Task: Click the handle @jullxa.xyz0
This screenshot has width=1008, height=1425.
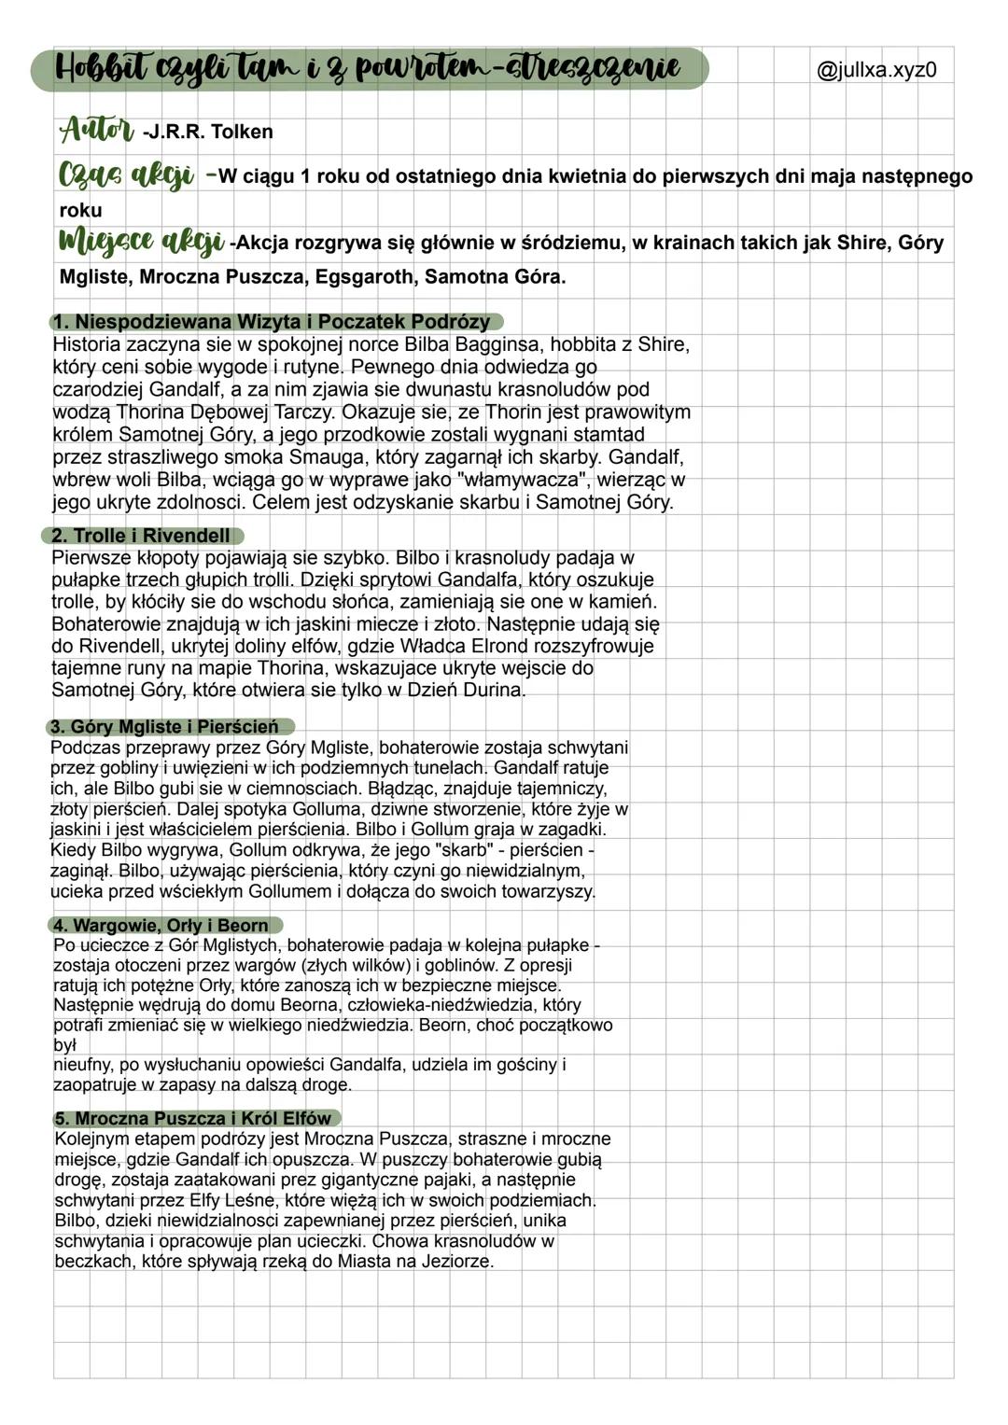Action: pyautogui.click(x=876, y=70)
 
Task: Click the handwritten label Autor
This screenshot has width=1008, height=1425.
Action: pyautogui.click(x=97, y=130)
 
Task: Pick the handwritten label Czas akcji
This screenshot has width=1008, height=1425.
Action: pyautogui.click(x=126, y=175)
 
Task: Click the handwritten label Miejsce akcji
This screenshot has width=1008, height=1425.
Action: pyautogui.click(x=141, y=242)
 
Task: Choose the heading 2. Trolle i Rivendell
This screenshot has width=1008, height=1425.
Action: pyautogui.click(x=143, y=536)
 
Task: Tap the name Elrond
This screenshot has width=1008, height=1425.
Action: pyautogui.click(x=512, y=646)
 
